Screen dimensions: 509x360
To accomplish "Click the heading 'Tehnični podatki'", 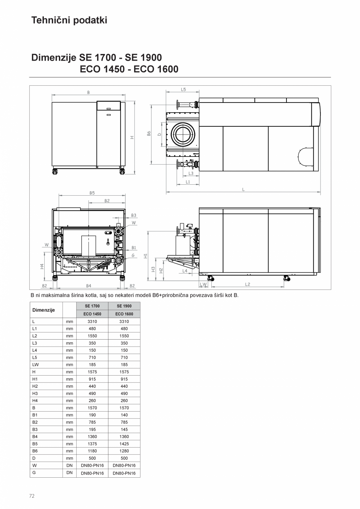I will [x=69, y=20].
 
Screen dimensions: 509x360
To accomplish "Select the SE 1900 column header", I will [x=124, y=306].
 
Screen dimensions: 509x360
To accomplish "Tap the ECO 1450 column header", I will [x=92, y=314].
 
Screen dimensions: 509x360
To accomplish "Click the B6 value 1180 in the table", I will [x=92, y=451].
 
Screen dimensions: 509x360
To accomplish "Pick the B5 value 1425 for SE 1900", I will [x=124, y=444].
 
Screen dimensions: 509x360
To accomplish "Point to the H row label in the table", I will [x=34, y=372].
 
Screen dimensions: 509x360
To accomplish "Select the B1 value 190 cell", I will [x=92, y=415].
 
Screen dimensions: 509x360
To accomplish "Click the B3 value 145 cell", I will [x=124, y=430].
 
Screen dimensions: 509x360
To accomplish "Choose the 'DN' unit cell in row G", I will [x=70, y=473].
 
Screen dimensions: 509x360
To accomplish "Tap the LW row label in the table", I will [x=35, y=365].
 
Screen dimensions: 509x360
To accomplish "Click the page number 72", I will [x=32, y=496].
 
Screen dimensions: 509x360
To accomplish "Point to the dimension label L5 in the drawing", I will [x=183, y=90].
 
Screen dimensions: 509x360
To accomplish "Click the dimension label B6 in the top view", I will [x=149, y=133].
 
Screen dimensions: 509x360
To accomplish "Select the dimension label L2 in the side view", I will [x=247, y=284].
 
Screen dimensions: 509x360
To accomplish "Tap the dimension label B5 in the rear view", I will [x=92, y=193].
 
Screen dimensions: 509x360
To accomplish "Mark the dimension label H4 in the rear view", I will [x=42, y=266].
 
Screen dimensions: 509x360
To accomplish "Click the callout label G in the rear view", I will [x=133, y=255].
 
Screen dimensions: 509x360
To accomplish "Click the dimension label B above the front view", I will [x=88, y=93].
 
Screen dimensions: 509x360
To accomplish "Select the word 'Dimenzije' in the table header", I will [x=43, y=310].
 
